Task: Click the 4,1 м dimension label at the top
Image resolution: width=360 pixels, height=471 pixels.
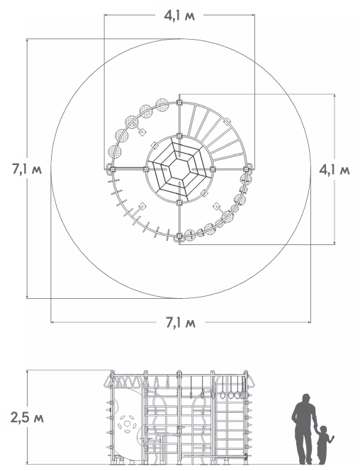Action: click(x=179, y=16)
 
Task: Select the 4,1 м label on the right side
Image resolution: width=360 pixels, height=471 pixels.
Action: click(x=334, y=170)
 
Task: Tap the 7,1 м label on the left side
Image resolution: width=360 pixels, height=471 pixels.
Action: click(x=27, y=169)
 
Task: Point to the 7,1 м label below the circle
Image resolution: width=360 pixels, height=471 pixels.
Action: click(x=181, y=323)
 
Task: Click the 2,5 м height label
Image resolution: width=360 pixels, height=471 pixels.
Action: click(x=27, y=418)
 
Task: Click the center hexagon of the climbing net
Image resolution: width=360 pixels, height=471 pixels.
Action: click(x=179, y=170)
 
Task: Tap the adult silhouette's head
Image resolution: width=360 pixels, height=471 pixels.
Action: click(x=306, y=399)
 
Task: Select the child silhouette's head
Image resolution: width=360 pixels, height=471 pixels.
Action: click(x=323, y=429)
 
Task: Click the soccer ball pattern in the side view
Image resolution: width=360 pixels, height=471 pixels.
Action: click(x=127, y=424)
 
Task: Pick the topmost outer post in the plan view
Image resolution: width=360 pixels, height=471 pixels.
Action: click(x=179, y=103)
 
